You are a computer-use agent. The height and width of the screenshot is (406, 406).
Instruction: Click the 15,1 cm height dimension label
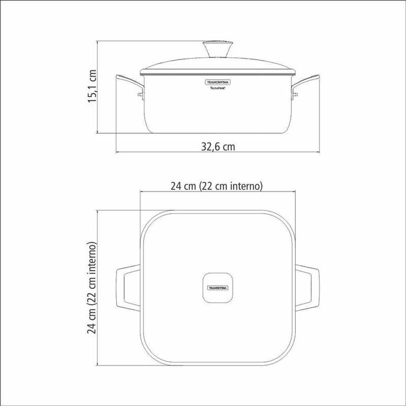93,86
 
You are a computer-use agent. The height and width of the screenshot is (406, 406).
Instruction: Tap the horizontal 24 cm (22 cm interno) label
217,186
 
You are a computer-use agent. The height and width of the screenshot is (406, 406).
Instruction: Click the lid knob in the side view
218,49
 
